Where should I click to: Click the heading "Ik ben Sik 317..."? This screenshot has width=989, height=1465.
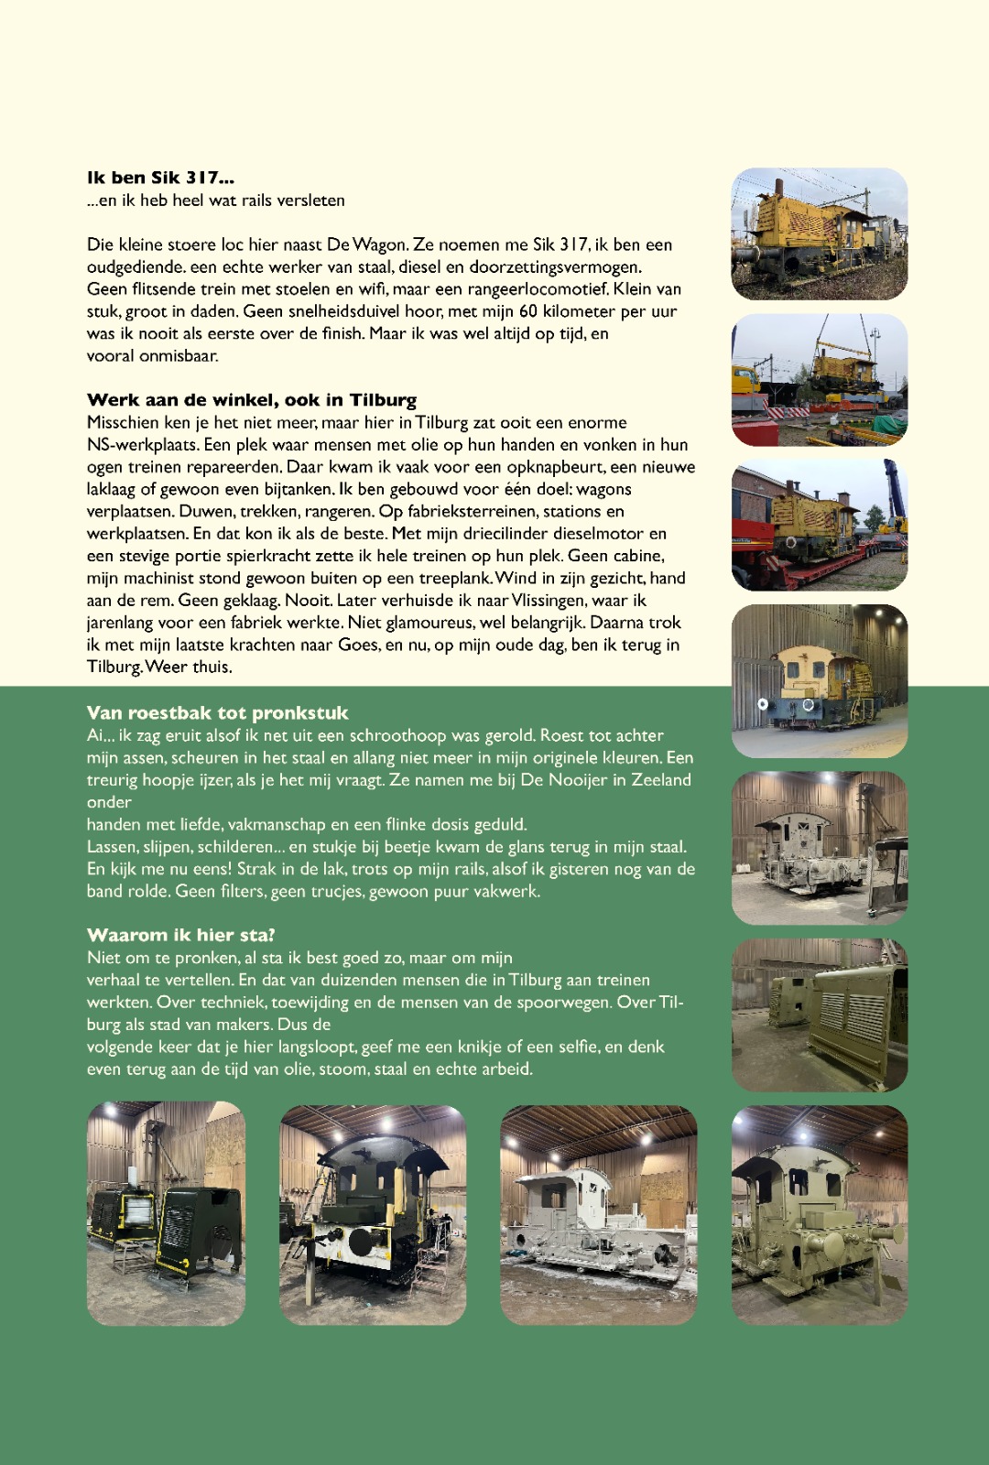(160, 178)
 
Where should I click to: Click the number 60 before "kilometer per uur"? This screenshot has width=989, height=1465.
(528, 311)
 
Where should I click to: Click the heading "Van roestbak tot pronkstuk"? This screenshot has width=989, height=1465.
(217, 712)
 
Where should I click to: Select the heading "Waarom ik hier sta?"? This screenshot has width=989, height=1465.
(180, 935)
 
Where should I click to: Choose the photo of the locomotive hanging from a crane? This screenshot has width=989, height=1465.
(820, 380)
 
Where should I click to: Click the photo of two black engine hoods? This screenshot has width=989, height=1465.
(166, 1214)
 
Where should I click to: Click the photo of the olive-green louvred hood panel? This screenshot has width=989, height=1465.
(820, 1015)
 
